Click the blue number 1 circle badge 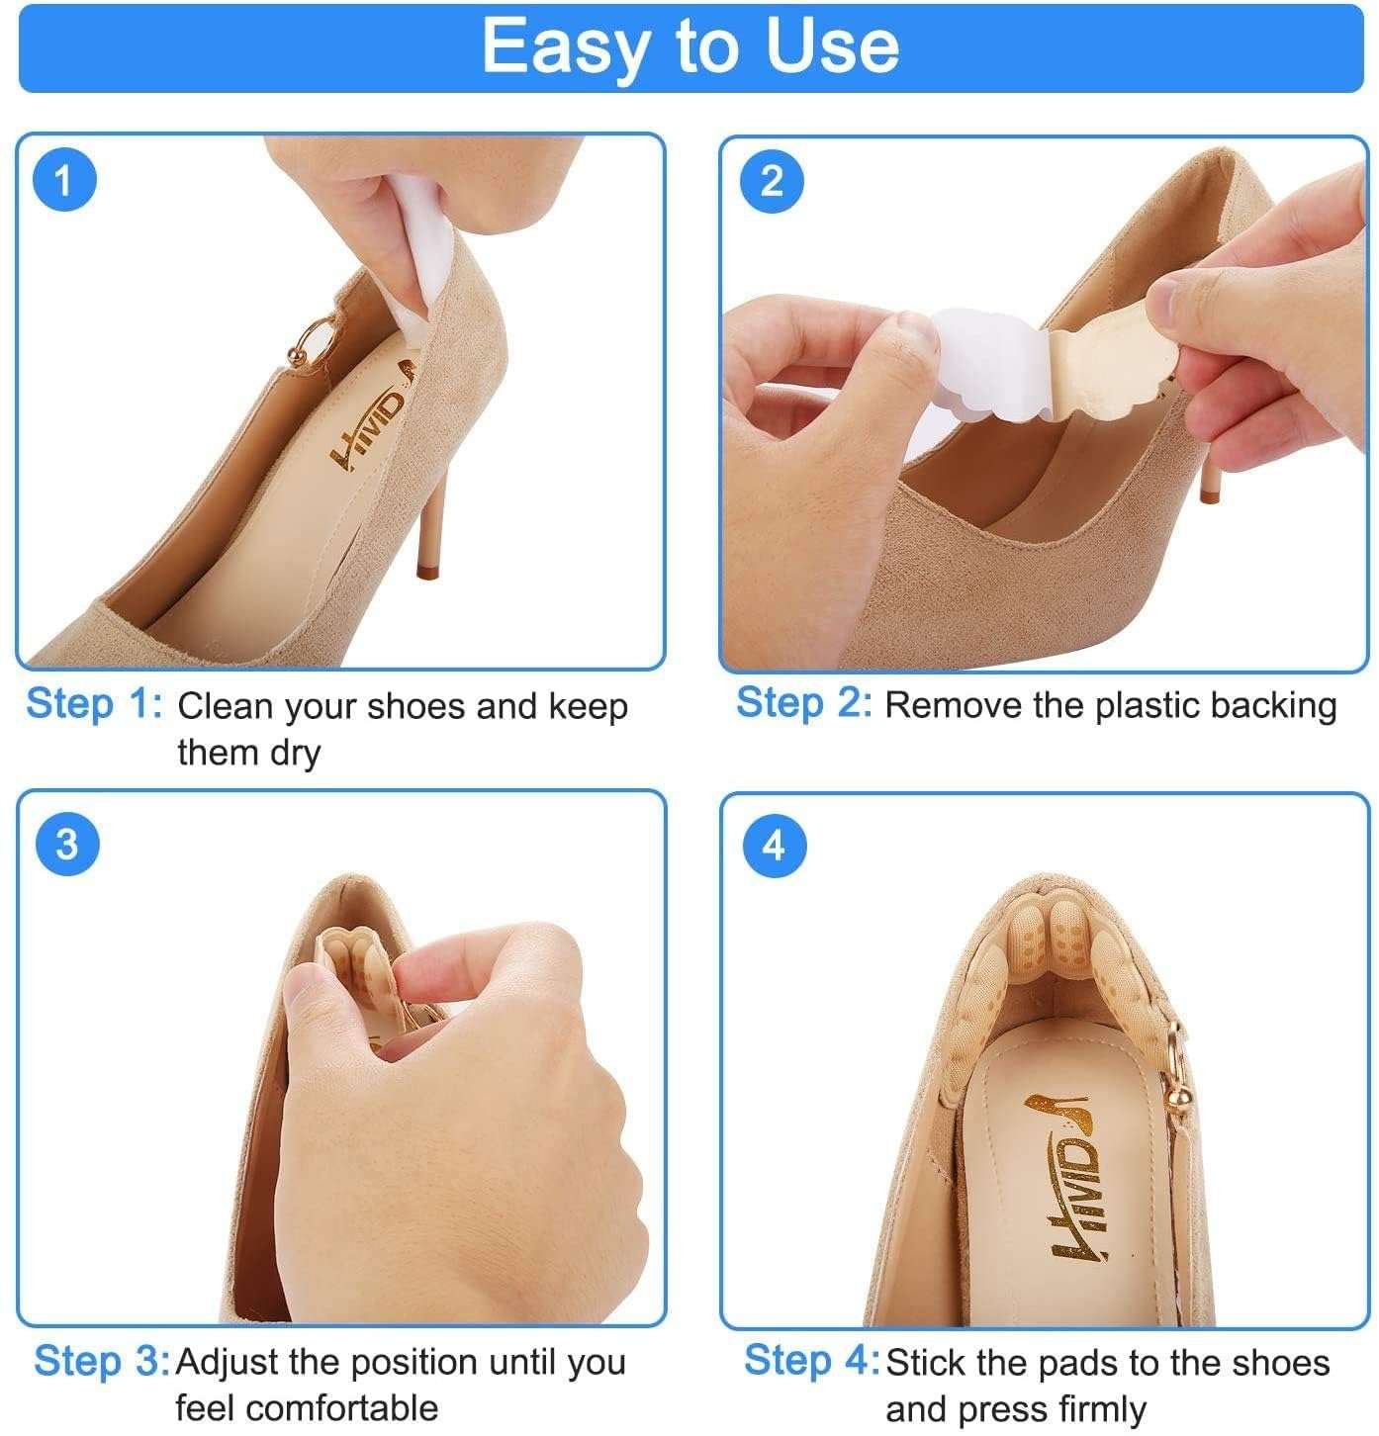[x=64, y=182]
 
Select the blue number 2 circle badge [x=772, y=181]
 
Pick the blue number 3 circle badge [x=65, y=846]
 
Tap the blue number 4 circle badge [x=774, y=847]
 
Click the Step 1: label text [x=94, y=704]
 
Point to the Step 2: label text [x=803, y=703]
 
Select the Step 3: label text [x=102, y=1362]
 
